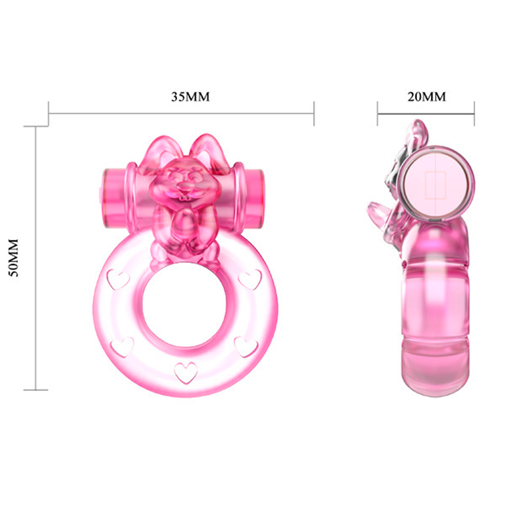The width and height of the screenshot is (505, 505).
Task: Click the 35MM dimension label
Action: (190, 97)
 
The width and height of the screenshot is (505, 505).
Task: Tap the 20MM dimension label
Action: (427, 96)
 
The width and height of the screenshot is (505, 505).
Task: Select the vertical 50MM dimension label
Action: (15, 258)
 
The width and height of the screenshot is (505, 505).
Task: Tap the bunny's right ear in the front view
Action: (209, 148)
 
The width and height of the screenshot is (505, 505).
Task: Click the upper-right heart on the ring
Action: (250, 279)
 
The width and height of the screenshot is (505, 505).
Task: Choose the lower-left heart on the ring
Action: (122, 347)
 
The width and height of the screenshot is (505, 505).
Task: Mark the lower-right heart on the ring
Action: (246, 346)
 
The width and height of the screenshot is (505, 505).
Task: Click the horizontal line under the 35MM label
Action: (182, 113)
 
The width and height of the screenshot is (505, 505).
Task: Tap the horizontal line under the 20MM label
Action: (426, 113)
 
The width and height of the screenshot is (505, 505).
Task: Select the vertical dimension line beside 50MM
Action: (35, 258)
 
